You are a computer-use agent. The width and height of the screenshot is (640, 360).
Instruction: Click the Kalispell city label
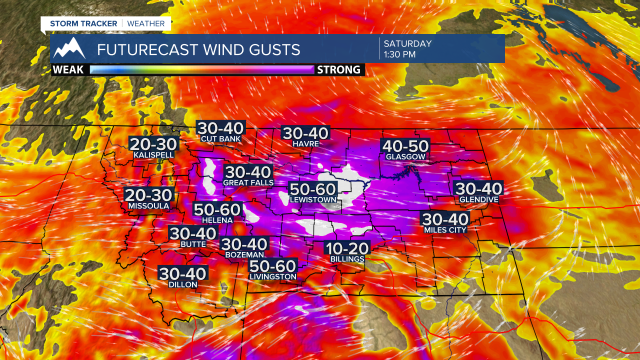(153, 155)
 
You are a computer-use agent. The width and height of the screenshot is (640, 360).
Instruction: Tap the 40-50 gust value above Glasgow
(405, 146)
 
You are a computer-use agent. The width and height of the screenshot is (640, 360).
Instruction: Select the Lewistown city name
(313, 200)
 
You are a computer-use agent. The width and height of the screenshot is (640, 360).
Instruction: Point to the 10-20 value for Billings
(347, 248)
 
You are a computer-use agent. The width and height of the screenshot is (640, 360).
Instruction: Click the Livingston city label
(273, 276)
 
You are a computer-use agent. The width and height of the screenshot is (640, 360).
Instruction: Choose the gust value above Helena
(217, 209)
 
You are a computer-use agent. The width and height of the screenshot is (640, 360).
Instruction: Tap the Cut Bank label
(220, 138)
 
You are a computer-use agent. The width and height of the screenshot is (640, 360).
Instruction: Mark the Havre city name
(306, 143)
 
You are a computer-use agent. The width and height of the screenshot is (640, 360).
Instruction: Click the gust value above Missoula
(148, 195)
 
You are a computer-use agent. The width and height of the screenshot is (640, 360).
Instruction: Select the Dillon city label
(183, 284)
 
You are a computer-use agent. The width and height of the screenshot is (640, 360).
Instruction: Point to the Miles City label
(445, 229)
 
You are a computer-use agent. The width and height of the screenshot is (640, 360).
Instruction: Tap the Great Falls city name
(248, 182)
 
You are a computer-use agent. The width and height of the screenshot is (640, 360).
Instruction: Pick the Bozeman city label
(244, 254)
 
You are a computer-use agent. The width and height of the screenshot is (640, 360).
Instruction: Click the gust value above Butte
(193, 233)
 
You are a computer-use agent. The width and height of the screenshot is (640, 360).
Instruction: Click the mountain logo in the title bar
(69, 48)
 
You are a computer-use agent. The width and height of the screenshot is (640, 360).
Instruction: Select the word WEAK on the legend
(68, 70)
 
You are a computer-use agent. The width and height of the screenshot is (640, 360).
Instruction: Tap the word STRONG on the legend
(338, 70)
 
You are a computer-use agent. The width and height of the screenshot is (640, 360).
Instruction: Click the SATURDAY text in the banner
(407, 43)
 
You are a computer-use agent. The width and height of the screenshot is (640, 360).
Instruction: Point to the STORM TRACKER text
(83, 23)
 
